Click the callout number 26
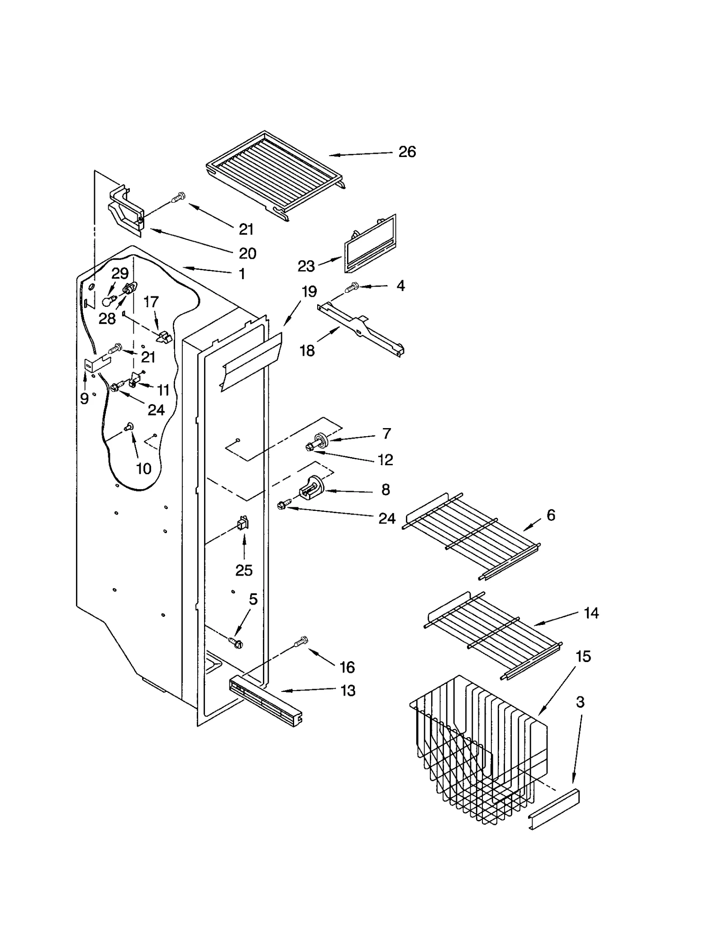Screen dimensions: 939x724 coord(406,152)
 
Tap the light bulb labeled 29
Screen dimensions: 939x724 coord(108,301)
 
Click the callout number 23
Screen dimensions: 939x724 coord(306,266)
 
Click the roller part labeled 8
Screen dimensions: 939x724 coord(311,489)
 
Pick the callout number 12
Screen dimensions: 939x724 coord(385,460)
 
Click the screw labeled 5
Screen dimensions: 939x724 coord(236,642)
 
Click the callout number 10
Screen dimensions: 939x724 coord(143,469)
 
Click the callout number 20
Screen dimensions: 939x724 coord(247,253)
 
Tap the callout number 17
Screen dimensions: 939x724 coord(151,302)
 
